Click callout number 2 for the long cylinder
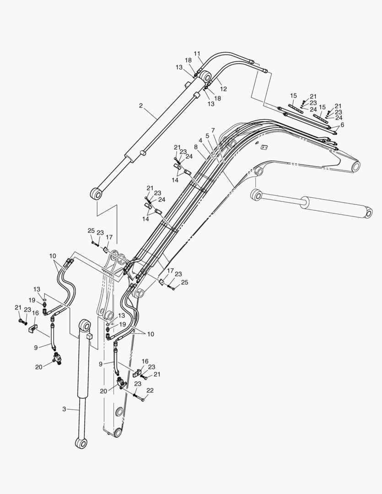click(x=141, y=106)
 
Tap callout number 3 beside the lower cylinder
click(x=64, y=409)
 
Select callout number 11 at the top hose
click(x=197, y=54)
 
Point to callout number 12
click(x=224, y=89)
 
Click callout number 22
click(x=150, y=390)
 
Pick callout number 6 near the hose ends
click(x=342, y=124)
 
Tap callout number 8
click(x=196, y=147)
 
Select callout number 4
click(x=200, y=140)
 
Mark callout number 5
click(x=207, y=136)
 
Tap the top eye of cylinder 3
click(x=85, y=325)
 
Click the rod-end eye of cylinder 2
click(x=96, y=194)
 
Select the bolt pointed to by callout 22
click(x=139, y=397)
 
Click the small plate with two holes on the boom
click(x=264, y=147)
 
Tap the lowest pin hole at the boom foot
click(x=118, y=432)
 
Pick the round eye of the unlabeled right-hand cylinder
click(x=256, y=195)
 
